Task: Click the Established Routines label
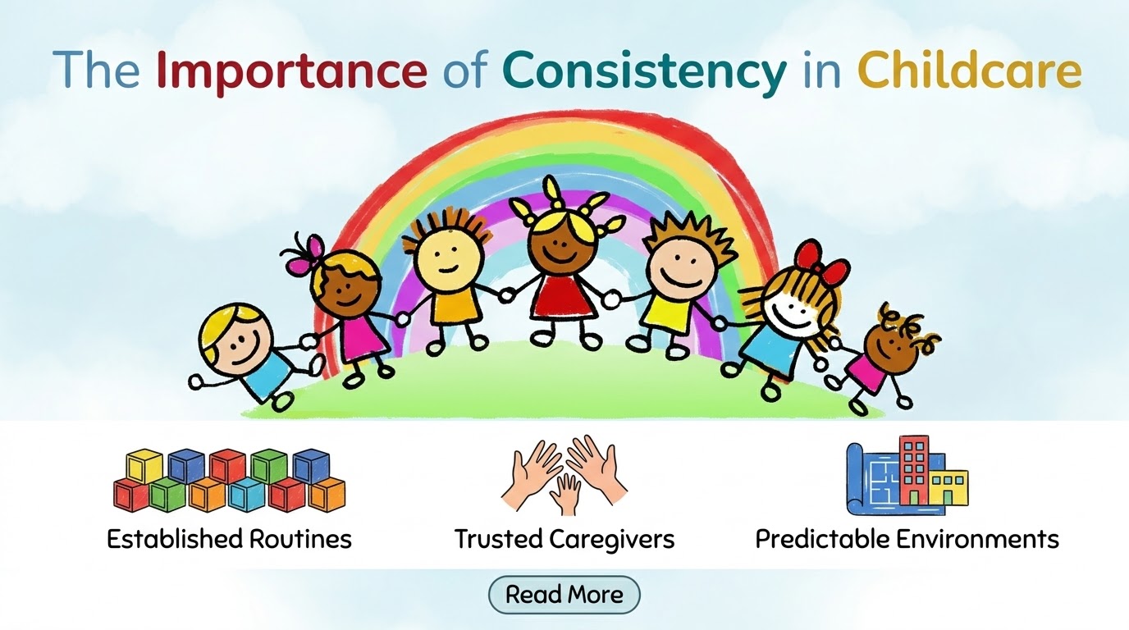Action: pos(229,539)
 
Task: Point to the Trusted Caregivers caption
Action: pos(564,539)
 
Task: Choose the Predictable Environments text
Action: pos(907,539)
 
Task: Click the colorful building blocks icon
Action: pos(229,480)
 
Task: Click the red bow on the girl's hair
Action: pos(820,259)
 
